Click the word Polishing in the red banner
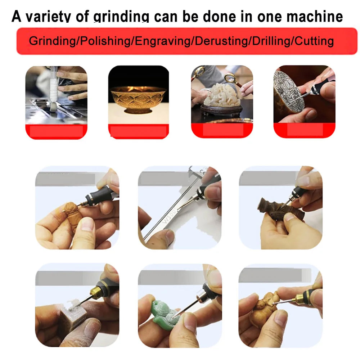click(105, 41)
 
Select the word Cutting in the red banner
click(314, 41)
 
